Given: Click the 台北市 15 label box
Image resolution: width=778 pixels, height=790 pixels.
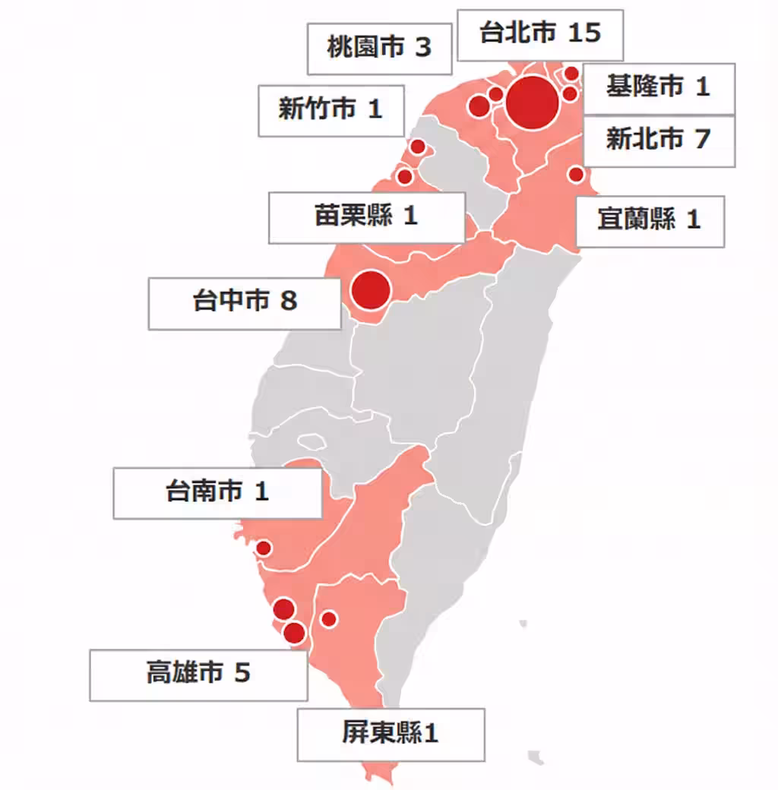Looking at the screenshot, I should click(539, 34).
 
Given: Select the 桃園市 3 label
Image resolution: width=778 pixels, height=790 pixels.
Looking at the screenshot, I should click(379, 49).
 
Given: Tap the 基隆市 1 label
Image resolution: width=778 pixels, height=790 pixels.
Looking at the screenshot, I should click(658, 87).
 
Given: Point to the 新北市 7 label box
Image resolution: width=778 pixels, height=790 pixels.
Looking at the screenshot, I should click(658, 141).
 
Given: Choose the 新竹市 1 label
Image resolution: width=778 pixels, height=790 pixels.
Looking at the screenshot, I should click(330, 110).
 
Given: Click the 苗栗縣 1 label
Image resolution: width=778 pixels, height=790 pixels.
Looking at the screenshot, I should click(366, 217).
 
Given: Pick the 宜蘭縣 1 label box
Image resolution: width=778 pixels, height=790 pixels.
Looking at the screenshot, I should click(650, 221).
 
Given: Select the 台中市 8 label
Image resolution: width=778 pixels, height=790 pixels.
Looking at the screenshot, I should click(245, 302).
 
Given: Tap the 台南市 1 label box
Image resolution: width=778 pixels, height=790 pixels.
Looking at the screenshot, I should click(217, 492).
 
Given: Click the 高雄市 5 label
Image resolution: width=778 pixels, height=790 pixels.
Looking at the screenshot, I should click(198, 675).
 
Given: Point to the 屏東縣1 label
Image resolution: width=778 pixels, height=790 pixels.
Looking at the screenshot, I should click(391, 735).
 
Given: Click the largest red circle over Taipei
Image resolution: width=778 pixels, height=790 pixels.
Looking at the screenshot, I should click(533, 103).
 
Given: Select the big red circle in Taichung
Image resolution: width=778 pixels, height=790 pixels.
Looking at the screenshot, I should click(371, 290).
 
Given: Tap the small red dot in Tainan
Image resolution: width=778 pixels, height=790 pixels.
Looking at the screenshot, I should click(264, 548).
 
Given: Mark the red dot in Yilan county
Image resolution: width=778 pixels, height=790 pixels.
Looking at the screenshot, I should click(576, 175).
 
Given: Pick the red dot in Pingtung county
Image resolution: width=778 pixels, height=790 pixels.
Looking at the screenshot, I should click(329, 619).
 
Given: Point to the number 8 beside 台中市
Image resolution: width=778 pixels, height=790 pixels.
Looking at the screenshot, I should click(288, 302).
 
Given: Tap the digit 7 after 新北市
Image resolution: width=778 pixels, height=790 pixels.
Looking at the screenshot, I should click(701, 141).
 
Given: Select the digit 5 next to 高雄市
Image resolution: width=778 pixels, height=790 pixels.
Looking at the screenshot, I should click(242, 675).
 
